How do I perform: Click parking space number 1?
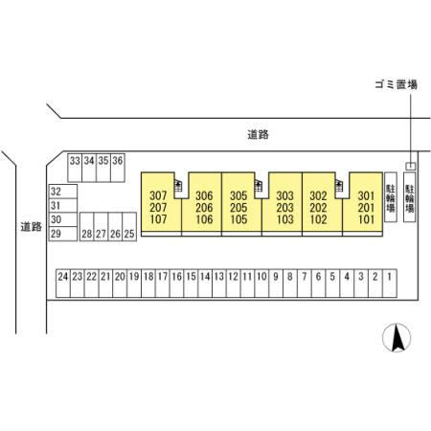(390, 284)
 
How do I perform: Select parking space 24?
(63, 284)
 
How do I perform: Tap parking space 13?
(219, 284)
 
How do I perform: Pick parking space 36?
(118, 168)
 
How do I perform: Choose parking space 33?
(75, 168)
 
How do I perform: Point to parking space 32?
(63, 192)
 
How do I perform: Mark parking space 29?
(63, 234)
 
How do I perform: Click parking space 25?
(129, 227)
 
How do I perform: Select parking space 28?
(87, 227)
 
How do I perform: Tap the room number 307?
(158, 195)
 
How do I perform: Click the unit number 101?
(366, 219)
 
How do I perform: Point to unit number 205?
(238, 208)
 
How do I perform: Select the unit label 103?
(285, 219)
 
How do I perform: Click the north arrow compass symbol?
(397, 337)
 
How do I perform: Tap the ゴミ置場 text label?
(397, 84)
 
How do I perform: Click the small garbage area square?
(411, 166)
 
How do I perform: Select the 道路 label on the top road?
(258, 134)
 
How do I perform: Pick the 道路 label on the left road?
(32, 227)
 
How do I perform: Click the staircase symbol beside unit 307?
(178, 186)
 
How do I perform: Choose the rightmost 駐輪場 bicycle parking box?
(410, 197)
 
